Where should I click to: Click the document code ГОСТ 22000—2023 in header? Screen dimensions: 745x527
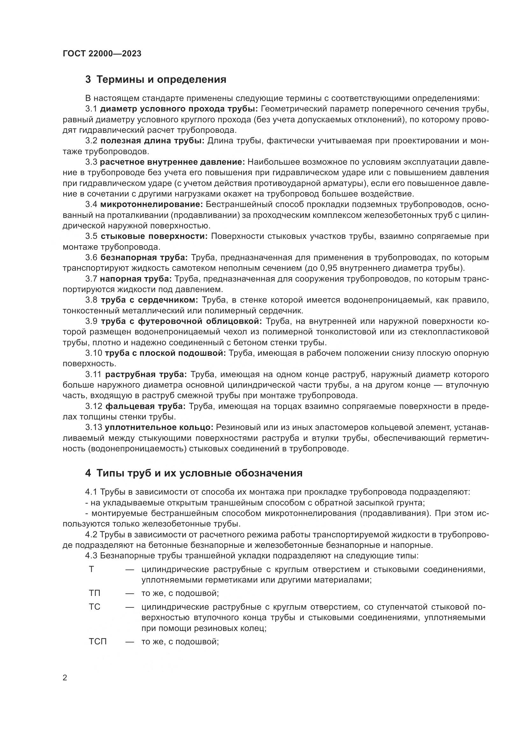click(102, 54)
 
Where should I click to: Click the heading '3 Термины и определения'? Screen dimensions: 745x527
click(156, 80)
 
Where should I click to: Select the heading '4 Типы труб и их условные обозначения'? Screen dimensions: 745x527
click(194, 473)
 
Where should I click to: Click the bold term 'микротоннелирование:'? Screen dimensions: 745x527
click(152, 204)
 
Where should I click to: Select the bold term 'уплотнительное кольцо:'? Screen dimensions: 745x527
click(159, 427)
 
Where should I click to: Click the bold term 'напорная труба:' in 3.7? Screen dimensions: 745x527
click(136, 279)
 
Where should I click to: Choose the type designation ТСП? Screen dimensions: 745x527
click(98, 641)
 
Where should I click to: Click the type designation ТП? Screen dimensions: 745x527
click(94, 593)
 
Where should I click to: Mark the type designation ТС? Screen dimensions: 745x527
click(94, 607)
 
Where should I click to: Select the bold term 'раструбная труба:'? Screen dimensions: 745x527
click(146, 375)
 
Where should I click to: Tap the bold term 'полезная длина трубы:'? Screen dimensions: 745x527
click(152, 140)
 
